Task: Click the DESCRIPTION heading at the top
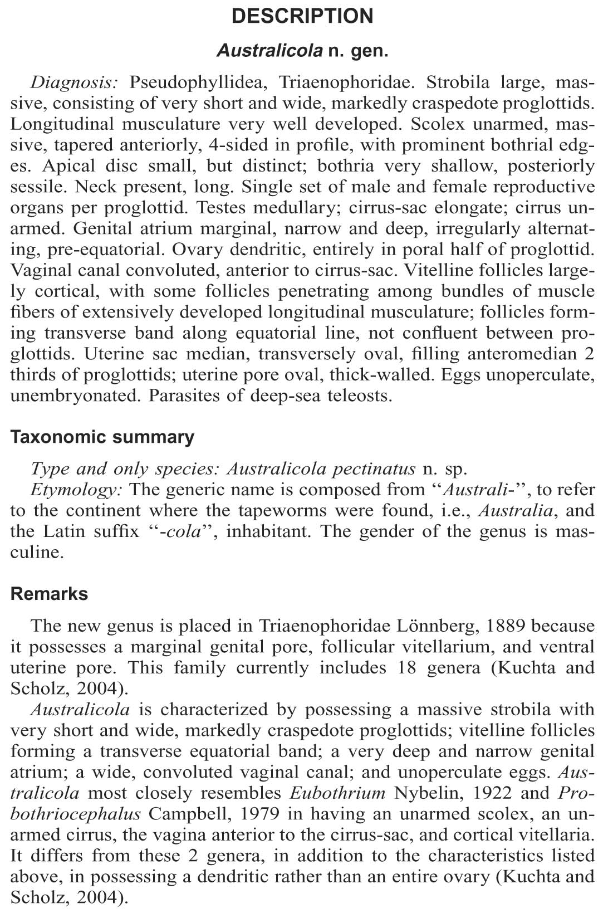pos(302,16)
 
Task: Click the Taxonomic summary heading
pos(102,437)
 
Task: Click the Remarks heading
pos(49,594)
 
